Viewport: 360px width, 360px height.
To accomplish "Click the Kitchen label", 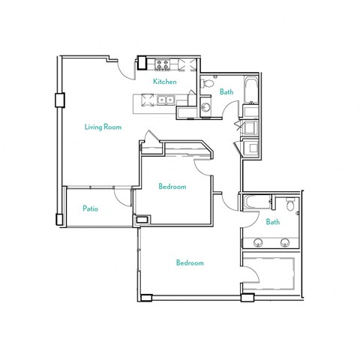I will pos(165,81).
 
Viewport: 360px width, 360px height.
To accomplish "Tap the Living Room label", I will pos(103,127).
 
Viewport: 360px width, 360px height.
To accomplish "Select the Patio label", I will pos(91,209).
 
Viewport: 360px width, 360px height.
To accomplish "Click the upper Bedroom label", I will pos(172,186).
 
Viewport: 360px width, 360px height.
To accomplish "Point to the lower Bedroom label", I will pos(190,262).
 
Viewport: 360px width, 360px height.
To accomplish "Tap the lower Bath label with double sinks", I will pos(273,222).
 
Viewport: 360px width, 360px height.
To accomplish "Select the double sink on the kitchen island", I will pos(166,100).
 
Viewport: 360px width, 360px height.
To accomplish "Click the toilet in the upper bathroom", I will pos(207,84).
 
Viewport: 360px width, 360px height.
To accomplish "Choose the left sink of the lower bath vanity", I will pos(259,243).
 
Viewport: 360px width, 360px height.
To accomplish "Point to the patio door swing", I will pos(121,196).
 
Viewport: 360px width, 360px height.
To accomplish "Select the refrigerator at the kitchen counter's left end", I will pos(142,64).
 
